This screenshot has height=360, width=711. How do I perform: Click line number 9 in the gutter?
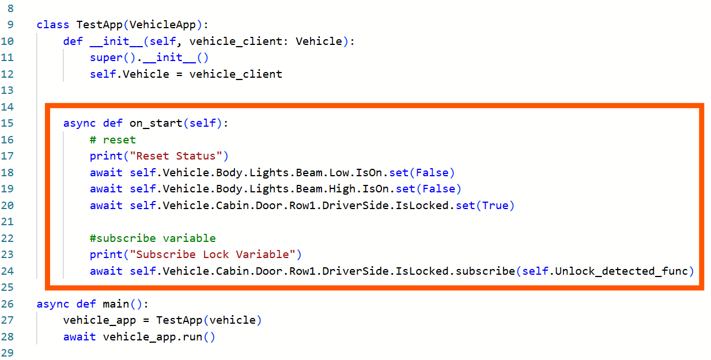(10, 25)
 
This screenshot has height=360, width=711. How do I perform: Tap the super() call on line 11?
(107, 58)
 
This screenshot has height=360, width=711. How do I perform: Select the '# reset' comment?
(113, 140)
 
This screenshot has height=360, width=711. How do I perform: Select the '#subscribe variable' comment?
(153, 238)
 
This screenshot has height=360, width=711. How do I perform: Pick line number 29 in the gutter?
(10, 353)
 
